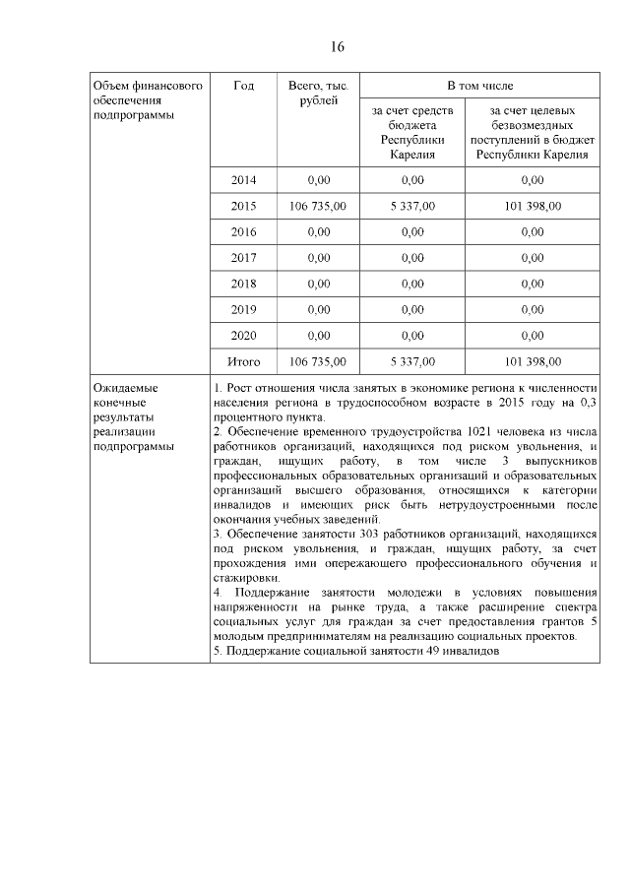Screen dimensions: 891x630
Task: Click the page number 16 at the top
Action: tap(336, 47)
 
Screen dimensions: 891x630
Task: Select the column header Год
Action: tap(243, 86)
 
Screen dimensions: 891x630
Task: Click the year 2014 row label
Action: tap(243, 180)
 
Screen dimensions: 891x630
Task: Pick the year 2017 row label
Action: tap(243, 258)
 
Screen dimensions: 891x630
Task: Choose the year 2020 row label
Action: tap(243, 336)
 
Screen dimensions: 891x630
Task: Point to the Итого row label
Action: tap(243, 361)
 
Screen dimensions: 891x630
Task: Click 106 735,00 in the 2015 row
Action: tap(318, 207)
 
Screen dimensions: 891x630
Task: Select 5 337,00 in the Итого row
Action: tap(412, 361)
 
